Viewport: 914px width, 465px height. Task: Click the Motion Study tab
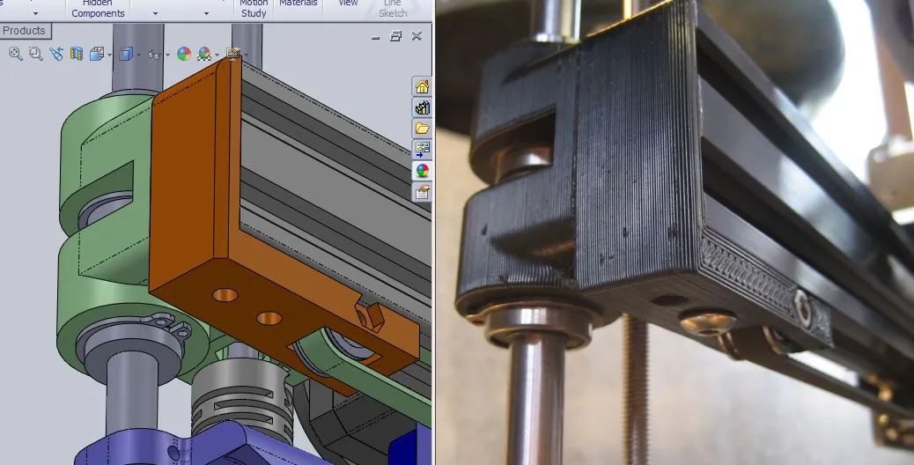pos(254,9)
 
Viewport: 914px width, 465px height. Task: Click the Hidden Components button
pos(98,9)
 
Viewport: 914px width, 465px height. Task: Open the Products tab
pos(25,31)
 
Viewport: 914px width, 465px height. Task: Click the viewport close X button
pos(416,36)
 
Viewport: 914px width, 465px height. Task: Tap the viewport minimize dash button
pos(376,37)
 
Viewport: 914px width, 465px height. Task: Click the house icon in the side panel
pos(423,86)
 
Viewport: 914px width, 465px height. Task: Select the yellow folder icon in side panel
pos(423,129)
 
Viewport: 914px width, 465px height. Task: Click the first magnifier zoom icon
pos(15,54)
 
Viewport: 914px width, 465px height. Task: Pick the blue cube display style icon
pos(125,54)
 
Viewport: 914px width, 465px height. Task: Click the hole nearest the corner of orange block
pos(225,294)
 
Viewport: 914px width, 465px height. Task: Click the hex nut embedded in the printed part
pos(802,304)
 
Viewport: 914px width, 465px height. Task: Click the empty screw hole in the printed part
pos(670,300)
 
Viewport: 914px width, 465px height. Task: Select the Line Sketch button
pos(393,9)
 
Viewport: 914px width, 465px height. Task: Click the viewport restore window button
pos(396,36)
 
